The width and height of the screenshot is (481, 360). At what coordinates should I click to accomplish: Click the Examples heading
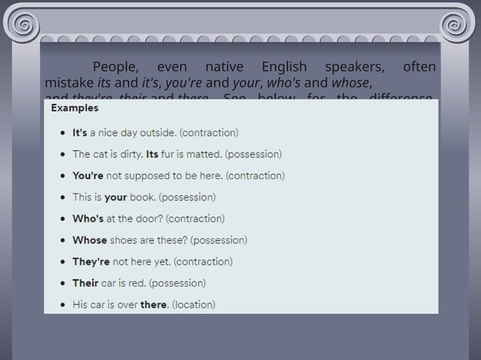pos(75,108)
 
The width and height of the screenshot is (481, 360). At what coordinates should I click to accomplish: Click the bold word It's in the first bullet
pos(80,133)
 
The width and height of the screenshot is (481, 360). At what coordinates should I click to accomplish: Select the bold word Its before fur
pos(152,154)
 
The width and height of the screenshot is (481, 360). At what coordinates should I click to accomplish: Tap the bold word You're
pos(87,175)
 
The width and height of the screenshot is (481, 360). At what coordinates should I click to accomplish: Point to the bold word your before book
pos(115,197)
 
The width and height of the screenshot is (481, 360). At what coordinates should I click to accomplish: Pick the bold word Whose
pos(90,240)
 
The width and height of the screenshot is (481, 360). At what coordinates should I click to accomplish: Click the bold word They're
pos(90,261)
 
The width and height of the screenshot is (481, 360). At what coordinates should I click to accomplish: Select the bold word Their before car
pos(85,283)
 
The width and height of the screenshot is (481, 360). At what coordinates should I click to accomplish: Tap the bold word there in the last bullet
pos(153,305)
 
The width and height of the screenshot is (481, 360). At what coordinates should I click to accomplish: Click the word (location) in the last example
pos(194,305)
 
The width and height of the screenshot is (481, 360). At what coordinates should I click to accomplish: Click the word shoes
pos(124,240)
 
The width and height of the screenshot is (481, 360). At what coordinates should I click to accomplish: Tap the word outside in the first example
pos(155,133)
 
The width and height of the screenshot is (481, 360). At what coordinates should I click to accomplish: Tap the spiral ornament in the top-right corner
pos(458,24)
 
